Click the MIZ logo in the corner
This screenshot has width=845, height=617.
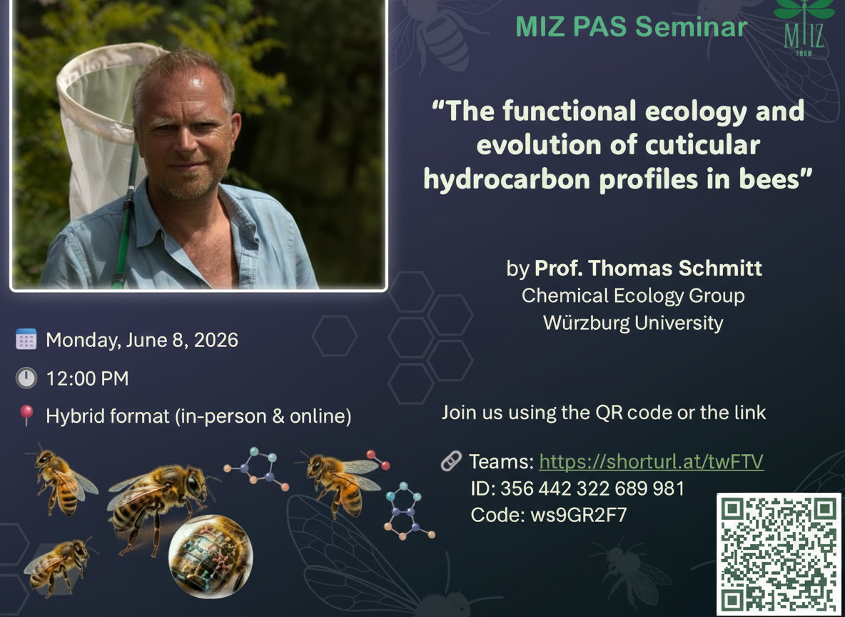click(804, 27)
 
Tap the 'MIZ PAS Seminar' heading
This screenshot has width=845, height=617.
click(631, 26)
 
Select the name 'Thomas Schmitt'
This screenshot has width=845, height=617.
click(674, 268)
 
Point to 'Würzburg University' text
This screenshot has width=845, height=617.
click(633, 323)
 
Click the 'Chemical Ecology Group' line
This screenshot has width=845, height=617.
click(633, 296)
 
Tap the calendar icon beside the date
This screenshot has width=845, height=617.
click(26, 339)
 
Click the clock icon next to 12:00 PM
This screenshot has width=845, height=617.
click(26, 378)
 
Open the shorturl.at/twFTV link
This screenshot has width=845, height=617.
click(651, 461)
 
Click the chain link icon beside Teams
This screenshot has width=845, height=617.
click(451, 461)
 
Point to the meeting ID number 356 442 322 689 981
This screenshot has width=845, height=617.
click(592, 488)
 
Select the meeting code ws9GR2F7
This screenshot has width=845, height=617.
click(579, 515)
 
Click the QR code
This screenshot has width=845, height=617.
click(778, 554)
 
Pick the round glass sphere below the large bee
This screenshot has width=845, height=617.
click(210, 556)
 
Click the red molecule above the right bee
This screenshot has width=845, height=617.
click(378, 460)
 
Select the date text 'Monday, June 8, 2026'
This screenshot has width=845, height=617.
click(142, 341)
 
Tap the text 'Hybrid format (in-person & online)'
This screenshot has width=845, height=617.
click(198, 416)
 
